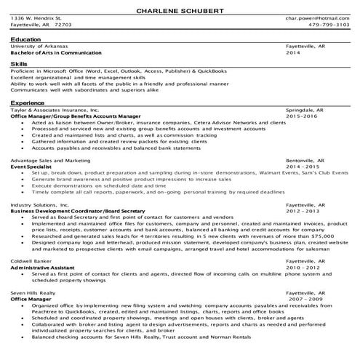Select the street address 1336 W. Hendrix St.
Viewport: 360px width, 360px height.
click(x=36, y=17)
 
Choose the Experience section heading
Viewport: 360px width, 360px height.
click(x=27, y=103)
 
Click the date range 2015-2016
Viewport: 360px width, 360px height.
click(x=303, y=116)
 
